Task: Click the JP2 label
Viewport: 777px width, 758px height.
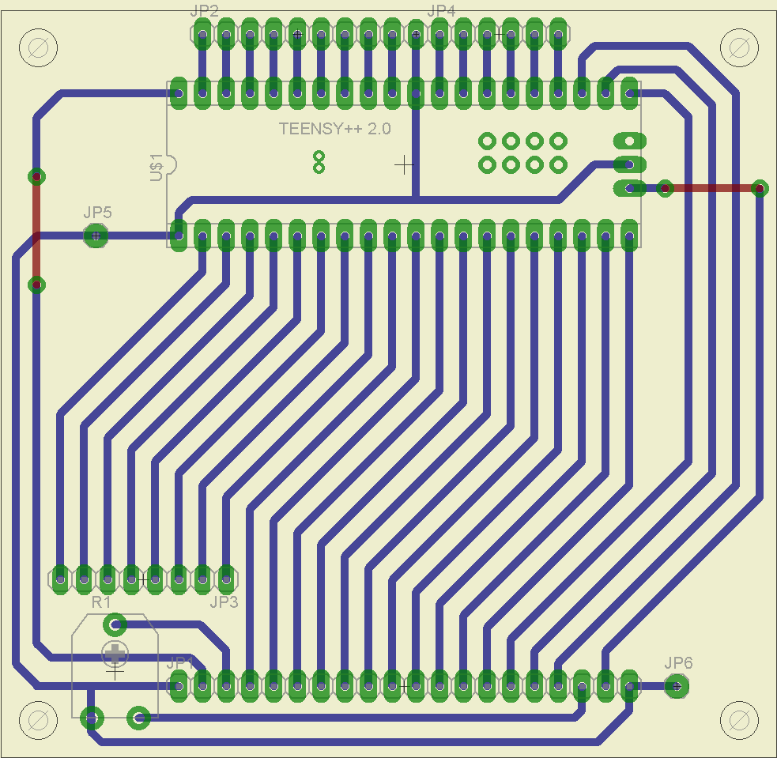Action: click(205, 11)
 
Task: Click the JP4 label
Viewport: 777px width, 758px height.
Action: click(440, 11)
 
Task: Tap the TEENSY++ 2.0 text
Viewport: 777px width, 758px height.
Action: click(334, 129)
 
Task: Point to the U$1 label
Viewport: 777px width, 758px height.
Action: click(157, 168)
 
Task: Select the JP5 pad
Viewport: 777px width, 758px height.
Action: click(96, 236)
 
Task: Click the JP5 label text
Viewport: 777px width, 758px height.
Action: click(97, 213)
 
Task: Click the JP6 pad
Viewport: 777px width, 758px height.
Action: click(676, 686)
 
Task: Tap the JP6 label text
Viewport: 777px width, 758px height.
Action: click(678, 663)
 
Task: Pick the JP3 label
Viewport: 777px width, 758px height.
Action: click(224, 602)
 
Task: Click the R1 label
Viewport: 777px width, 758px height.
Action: click(100, 602)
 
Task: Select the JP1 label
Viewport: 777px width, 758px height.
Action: click(180, 662)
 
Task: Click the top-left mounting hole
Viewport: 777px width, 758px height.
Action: click(37, 47)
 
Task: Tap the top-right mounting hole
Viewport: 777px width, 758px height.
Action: click(740, 47)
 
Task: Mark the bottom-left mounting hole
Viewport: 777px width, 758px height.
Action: click(37, 719)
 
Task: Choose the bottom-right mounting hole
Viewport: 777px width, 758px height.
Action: click(740, 719)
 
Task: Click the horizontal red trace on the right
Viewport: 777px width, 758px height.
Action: click(711, 188)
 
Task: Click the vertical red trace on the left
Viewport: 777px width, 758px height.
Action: click(36, 229)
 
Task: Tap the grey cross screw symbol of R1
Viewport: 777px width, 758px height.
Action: click(115, 653)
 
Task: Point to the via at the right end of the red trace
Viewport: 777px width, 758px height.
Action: click(759, 188)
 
